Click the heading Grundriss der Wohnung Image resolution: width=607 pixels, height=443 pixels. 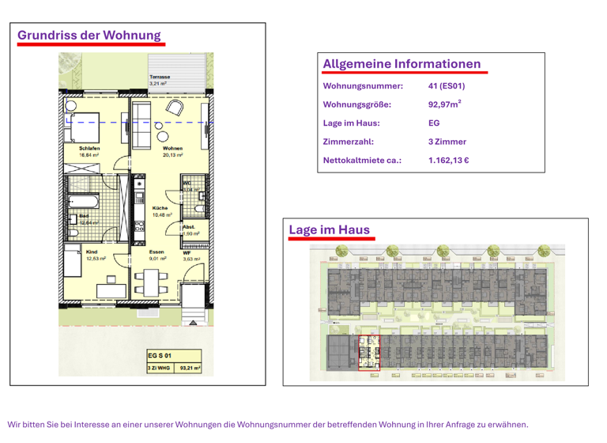[x=89, y=35]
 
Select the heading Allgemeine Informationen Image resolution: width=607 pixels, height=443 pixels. [x=402, y=63]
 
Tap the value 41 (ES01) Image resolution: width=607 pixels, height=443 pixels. [x=446, y=85]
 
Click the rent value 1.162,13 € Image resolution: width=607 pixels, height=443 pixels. [x=449, y=161]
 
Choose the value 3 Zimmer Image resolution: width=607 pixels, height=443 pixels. [x=447, y=142]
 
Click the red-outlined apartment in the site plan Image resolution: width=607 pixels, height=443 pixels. [x=369, y=354]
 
